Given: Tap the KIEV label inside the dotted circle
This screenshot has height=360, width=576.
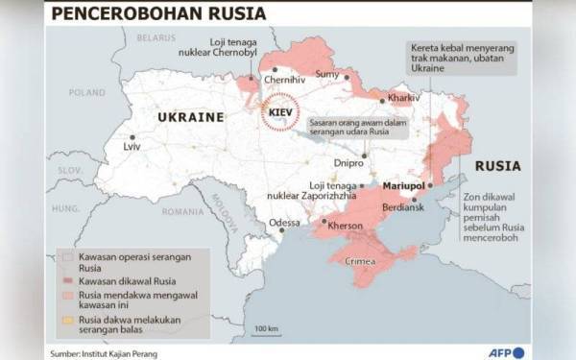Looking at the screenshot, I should [x=281, y=113].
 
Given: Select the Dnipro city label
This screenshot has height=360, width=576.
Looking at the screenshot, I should [x=349, y=163].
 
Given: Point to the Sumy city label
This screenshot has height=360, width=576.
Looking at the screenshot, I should [x=328, y=74].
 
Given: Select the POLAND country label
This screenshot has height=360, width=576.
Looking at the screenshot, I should [x=87, y=93].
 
